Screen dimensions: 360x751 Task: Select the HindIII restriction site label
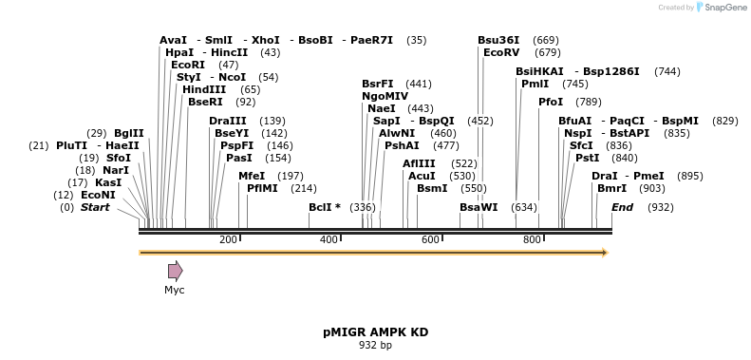[203, 89]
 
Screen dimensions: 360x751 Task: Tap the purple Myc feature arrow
[175, 271]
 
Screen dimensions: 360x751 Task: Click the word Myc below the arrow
[175, 290]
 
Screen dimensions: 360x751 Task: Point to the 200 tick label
[228, 239]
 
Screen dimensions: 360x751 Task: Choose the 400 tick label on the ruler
[329, 239]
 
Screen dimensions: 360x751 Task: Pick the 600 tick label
[430, 239]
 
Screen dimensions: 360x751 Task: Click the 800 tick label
[532, 239]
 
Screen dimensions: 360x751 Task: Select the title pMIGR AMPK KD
[375, 332]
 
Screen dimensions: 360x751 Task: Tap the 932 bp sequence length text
[375, 345]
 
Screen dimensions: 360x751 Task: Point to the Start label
[95, 207]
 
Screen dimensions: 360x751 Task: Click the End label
[622, 207]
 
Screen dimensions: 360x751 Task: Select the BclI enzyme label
[324, 207]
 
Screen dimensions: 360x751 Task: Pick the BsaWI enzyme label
[479, 207]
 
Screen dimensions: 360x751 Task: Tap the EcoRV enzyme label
[501, 52]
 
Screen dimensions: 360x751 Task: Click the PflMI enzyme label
[262, 188]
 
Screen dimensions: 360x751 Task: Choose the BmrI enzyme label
[611, 188]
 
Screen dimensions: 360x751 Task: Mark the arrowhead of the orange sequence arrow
[602, 253]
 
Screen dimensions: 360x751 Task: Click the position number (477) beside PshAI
[446, 145]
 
